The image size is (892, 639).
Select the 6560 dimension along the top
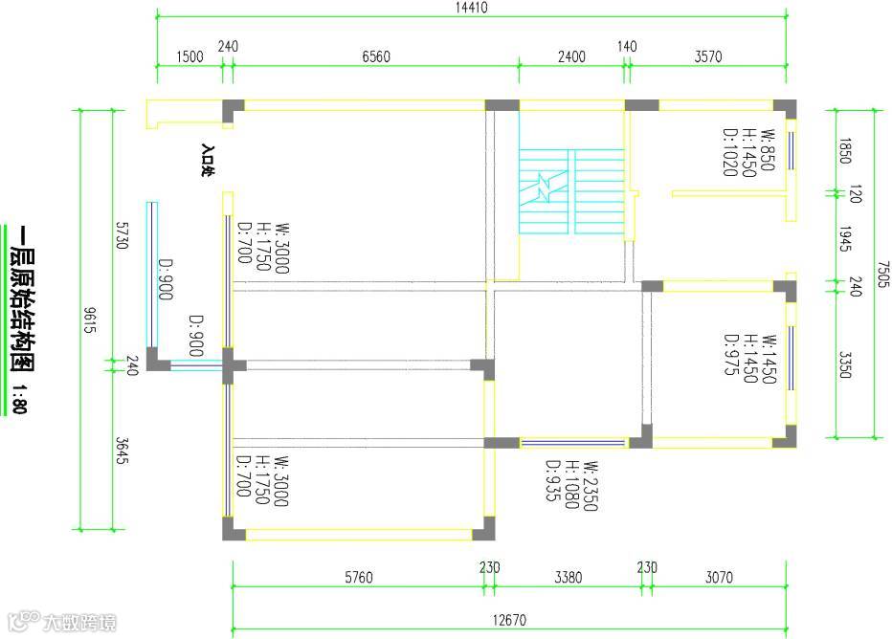tap(376, 56)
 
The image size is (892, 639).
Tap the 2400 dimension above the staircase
tap(571, 56)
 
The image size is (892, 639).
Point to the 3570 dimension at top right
tap(707, 56)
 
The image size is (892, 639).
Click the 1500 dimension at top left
tap(190, 56)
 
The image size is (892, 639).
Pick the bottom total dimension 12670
tap(509, 620)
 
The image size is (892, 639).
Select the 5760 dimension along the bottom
tap(358, 577)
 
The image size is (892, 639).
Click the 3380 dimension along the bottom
tap(568, 577)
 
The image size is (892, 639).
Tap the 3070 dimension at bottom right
tap(718, 577)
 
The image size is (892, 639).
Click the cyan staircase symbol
tap(570, 190)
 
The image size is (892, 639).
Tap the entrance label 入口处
tap(207, 161)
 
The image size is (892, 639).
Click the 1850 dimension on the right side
tap(844, 151)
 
